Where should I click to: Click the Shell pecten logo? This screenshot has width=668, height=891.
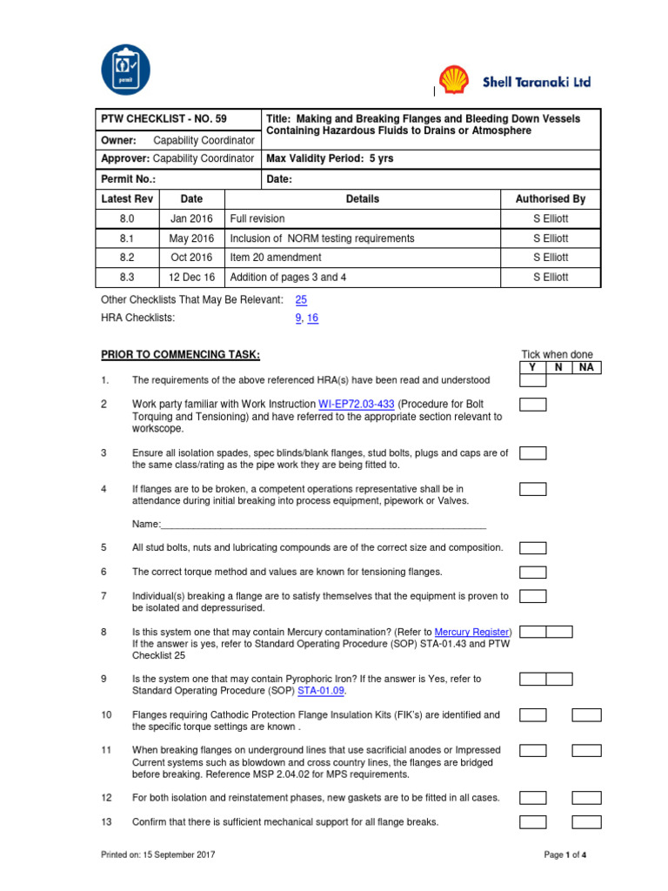coord(452,81)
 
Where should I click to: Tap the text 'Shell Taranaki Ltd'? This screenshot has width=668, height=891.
coord(537,82)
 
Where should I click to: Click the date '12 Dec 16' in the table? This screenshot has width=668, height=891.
coord(192,278)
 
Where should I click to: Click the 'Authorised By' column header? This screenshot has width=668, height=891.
coord(551,199)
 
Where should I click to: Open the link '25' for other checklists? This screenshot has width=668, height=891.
coord(301,299)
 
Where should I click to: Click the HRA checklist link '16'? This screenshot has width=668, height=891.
coord(312,318)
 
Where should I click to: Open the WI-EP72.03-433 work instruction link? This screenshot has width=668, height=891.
coord(357,405)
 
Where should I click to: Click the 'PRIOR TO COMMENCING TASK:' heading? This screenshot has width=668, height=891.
coord(180,355)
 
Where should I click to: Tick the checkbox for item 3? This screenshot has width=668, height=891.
coord(532,453)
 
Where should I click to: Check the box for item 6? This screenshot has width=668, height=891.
coord(532,572)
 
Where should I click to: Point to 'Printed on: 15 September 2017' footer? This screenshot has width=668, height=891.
coord(158,854)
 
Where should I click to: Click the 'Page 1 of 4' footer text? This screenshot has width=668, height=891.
coord(565,854)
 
